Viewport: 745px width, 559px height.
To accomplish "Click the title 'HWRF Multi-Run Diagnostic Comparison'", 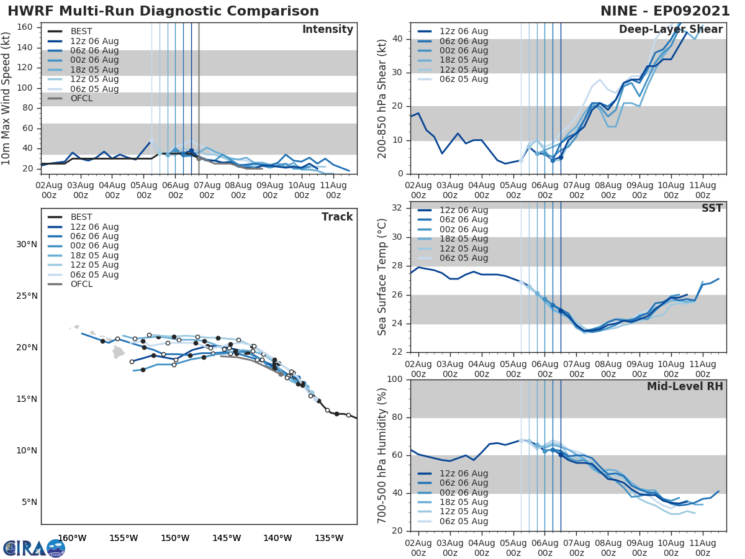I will [163, 11].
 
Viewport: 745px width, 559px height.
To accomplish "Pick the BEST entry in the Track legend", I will [81, 217].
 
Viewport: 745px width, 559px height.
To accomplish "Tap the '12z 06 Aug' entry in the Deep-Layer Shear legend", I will [463, 31].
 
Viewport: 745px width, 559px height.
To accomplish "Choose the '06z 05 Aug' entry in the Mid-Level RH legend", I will [463, 521].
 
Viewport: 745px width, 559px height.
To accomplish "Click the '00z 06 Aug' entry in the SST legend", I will [463, 229].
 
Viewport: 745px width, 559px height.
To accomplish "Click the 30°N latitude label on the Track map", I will [27, 244].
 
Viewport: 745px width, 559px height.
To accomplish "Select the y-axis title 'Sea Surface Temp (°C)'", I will [382, 277].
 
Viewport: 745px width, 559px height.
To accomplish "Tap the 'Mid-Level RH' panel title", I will [684, 387].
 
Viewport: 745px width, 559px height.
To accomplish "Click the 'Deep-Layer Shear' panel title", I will [670, 30].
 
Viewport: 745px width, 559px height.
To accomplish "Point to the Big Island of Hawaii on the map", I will [119, 352].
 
